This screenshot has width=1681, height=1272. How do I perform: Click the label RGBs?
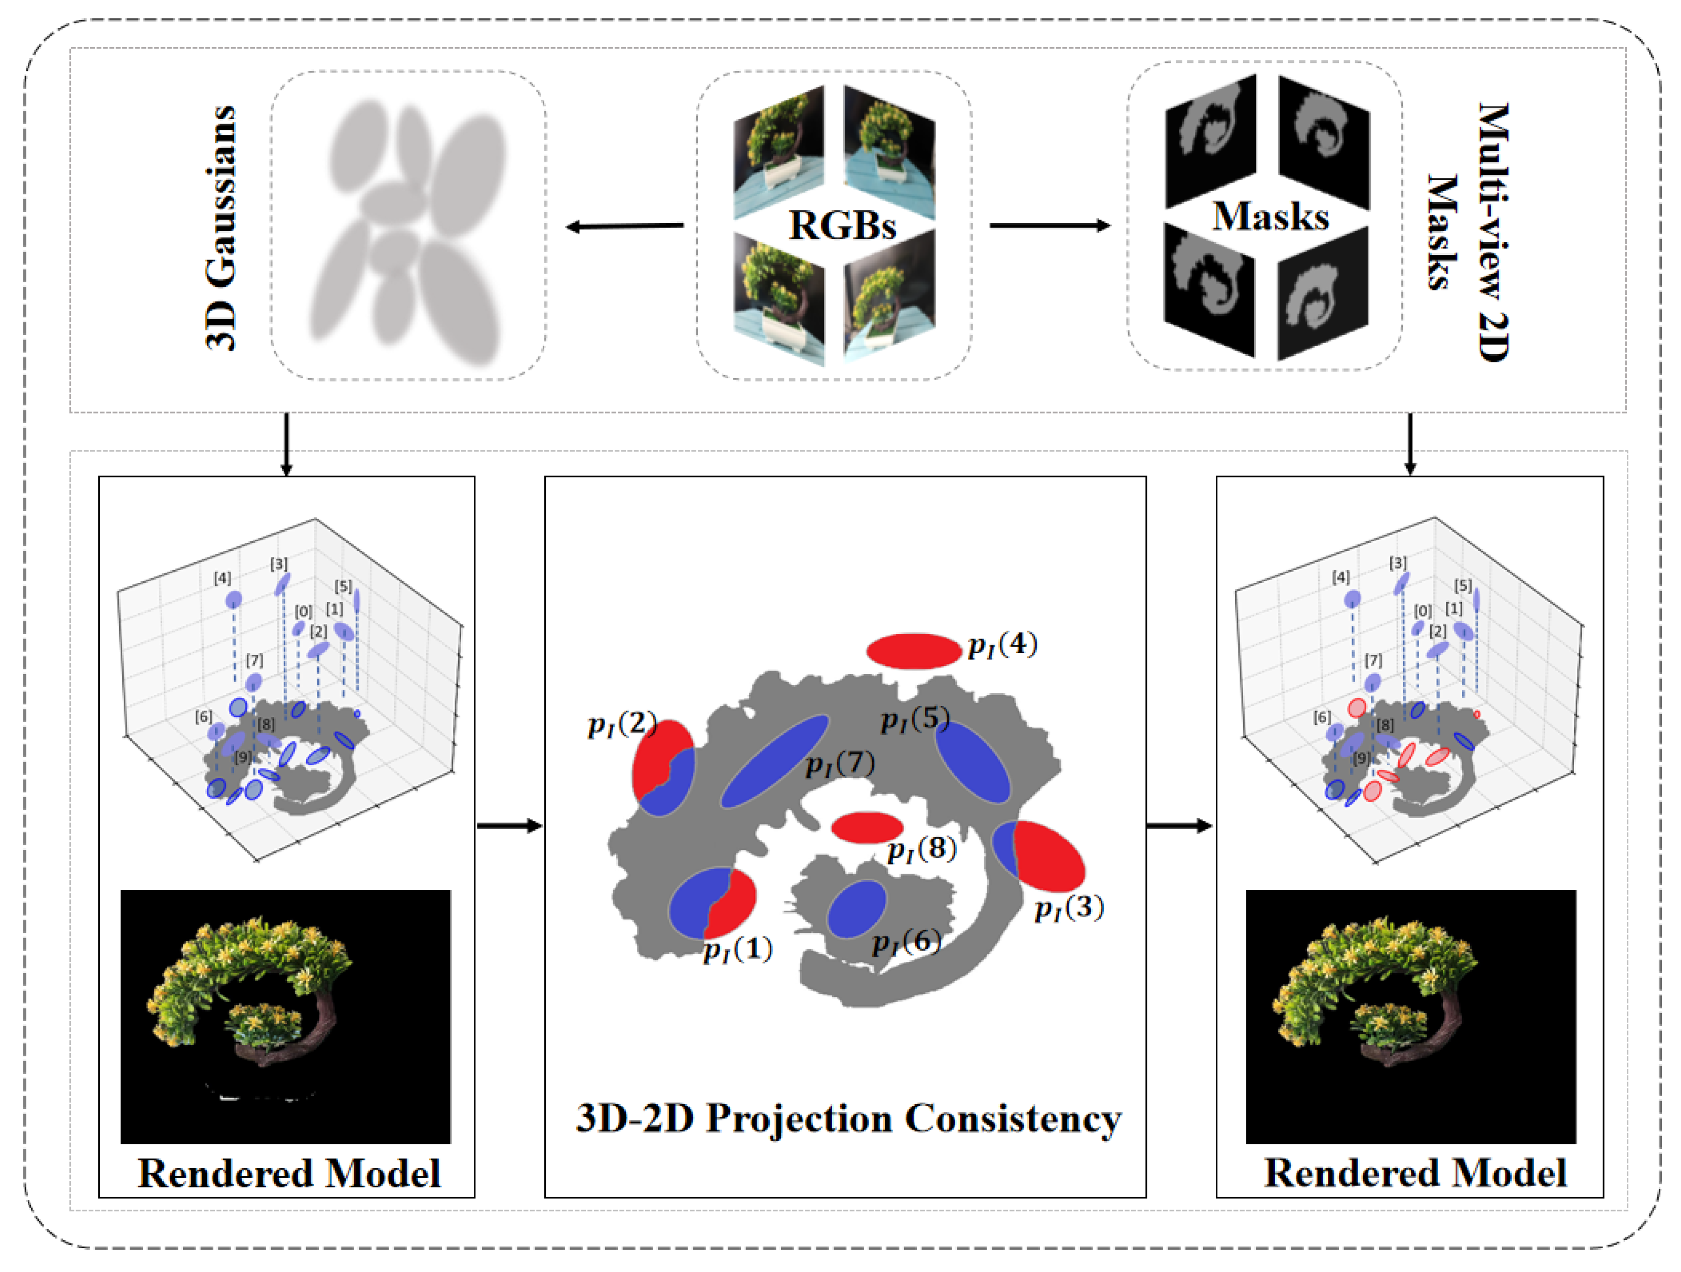click(x=842, y=226)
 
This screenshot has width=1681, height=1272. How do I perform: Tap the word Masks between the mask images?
click(x=1270, y=216)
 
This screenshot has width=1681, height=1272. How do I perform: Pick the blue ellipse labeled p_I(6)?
click(x=856, y=909)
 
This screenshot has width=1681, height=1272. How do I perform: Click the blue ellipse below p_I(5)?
click(x=972, y=761)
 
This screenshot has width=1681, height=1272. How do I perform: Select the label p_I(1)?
click(x=737, y=949)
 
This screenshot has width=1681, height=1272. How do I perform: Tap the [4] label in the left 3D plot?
click(x=222, y=578)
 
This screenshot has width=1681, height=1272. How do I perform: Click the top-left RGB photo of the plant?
click(x=778, y=152)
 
